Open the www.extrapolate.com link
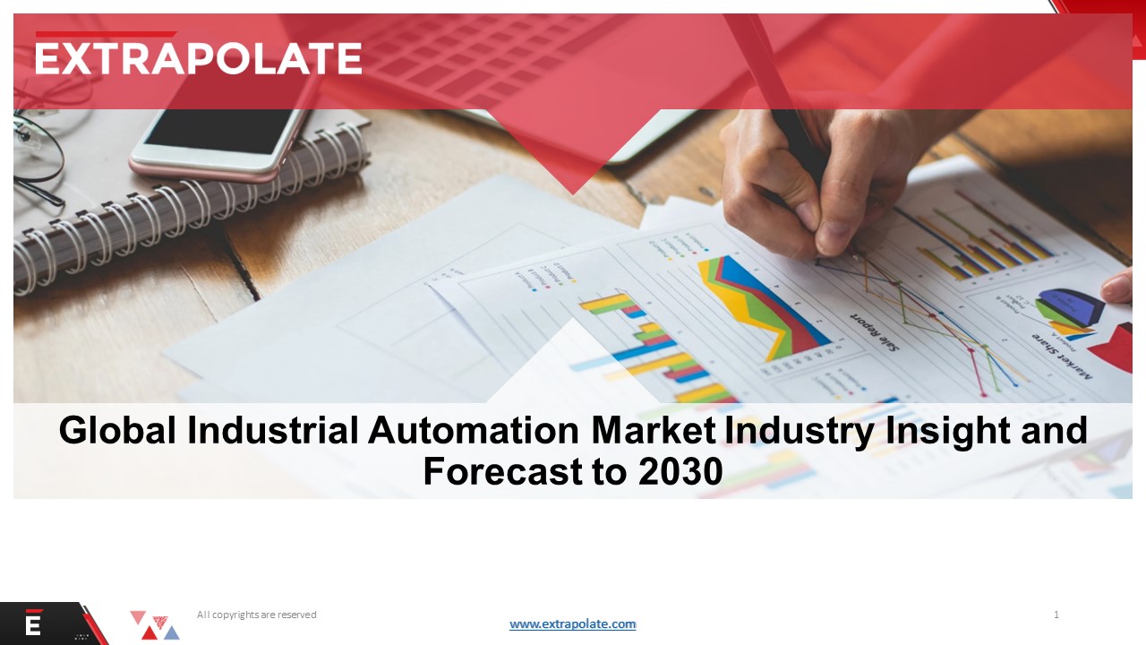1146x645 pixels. [x=573, y=623]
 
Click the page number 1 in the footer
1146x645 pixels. [x=1056, y=615]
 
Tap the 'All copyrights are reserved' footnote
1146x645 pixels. [x=257, y=615]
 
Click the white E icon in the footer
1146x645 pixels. [x=33, y=624]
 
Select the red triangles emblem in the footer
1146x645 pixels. [x=153, y=624]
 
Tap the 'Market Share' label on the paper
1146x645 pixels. [x=1061, y=350]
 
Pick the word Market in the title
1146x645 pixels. [x=654, y=431]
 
